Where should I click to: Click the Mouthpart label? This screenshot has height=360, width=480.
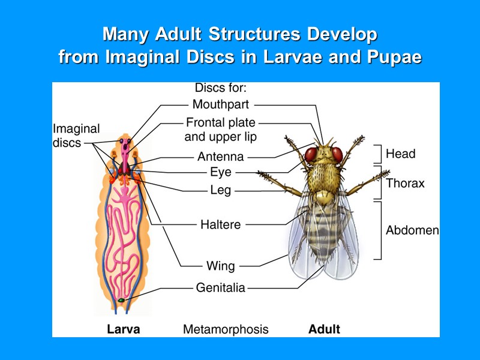[220, 104]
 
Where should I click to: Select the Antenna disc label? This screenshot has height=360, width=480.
[220, 157]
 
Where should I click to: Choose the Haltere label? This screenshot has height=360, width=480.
[220, 225]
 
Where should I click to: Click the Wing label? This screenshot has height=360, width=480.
[220, 265]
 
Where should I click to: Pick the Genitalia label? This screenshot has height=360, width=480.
[220, 288]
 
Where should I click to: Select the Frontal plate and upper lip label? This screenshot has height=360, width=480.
[220, 130]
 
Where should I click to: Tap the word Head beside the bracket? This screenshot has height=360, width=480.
[400, 154]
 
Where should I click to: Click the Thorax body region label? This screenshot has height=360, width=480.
[405, 184]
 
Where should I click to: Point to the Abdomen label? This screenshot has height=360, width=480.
[412, 230]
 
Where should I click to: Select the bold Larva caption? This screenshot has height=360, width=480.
[124, 329]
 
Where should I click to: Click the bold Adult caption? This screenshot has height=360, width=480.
[324, 329]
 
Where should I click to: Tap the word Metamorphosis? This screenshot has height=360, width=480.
[226, 329]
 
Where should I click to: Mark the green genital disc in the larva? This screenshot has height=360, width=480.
[121, 299]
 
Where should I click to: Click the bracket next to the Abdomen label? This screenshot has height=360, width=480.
[379, 230]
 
